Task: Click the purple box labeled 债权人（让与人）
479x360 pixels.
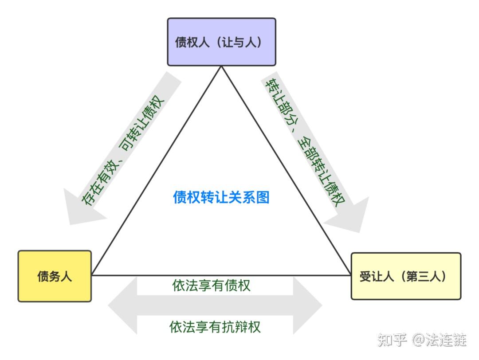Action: pyautogui.click(x=221, y=42)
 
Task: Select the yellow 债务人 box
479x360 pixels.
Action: pyautogui.click(x=55, y=276)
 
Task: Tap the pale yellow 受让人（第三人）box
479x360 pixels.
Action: pyautogui.click(x=406, y=276)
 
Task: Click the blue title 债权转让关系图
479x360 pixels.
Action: pyautogui.click(x=221, y=197)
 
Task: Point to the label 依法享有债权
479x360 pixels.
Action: pyautogui.click(x=211, y=285)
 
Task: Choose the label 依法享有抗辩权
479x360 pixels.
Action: pyautogui.click(x=215, y=327)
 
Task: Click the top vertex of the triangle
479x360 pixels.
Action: pyautogui.click(x=221, y=67)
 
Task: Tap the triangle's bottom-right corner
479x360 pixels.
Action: pyautogui.click(x=350, y=275)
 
